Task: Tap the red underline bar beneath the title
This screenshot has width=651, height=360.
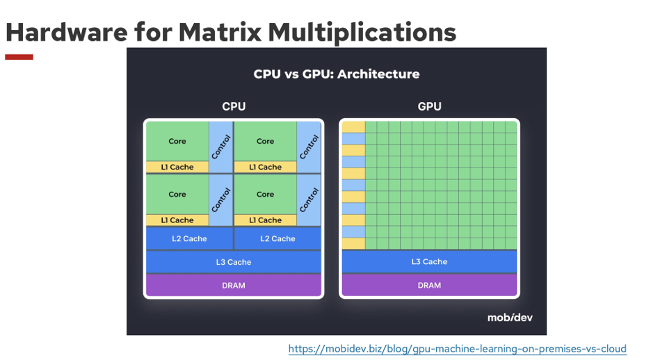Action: tap(19, 57)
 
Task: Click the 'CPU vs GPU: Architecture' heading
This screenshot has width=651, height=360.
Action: tap(337, 74)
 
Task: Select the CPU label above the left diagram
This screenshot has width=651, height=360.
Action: tap(234, 106)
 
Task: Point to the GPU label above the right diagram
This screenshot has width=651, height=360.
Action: tap(429, 106)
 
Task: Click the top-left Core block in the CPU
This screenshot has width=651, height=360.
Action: tap(177, 141)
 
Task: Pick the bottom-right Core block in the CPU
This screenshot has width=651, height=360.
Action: tap(265, 194)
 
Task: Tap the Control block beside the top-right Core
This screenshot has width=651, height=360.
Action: tap(309, 147)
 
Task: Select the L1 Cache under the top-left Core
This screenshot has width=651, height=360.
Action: tap(177, 167)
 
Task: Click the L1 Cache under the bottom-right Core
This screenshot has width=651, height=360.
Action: tap(265, 220)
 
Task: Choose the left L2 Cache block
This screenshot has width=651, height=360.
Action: tap(189, 238)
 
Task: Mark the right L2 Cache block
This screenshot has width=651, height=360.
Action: tap(278, 238)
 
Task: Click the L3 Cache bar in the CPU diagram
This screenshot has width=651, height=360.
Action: tap(233, 262)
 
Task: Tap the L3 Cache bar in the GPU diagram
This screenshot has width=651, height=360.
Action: tap(429, 262)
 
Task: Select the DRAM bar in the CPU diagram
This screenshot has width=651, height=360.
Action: tap(233, 286)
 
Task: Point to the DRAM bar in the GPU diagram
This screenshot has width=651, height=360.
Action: tap(429, 286)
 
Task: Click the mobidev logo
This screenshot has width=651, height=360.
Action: tap(510, 318)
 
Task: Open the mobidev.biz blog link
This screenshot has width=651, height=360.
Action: tap(458, 349)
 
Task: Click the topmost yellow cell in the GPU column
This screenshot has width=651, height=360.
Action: tap(353, 127)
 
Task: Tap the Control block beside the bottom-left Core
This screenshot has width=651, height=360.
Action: tap(220, 200)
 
